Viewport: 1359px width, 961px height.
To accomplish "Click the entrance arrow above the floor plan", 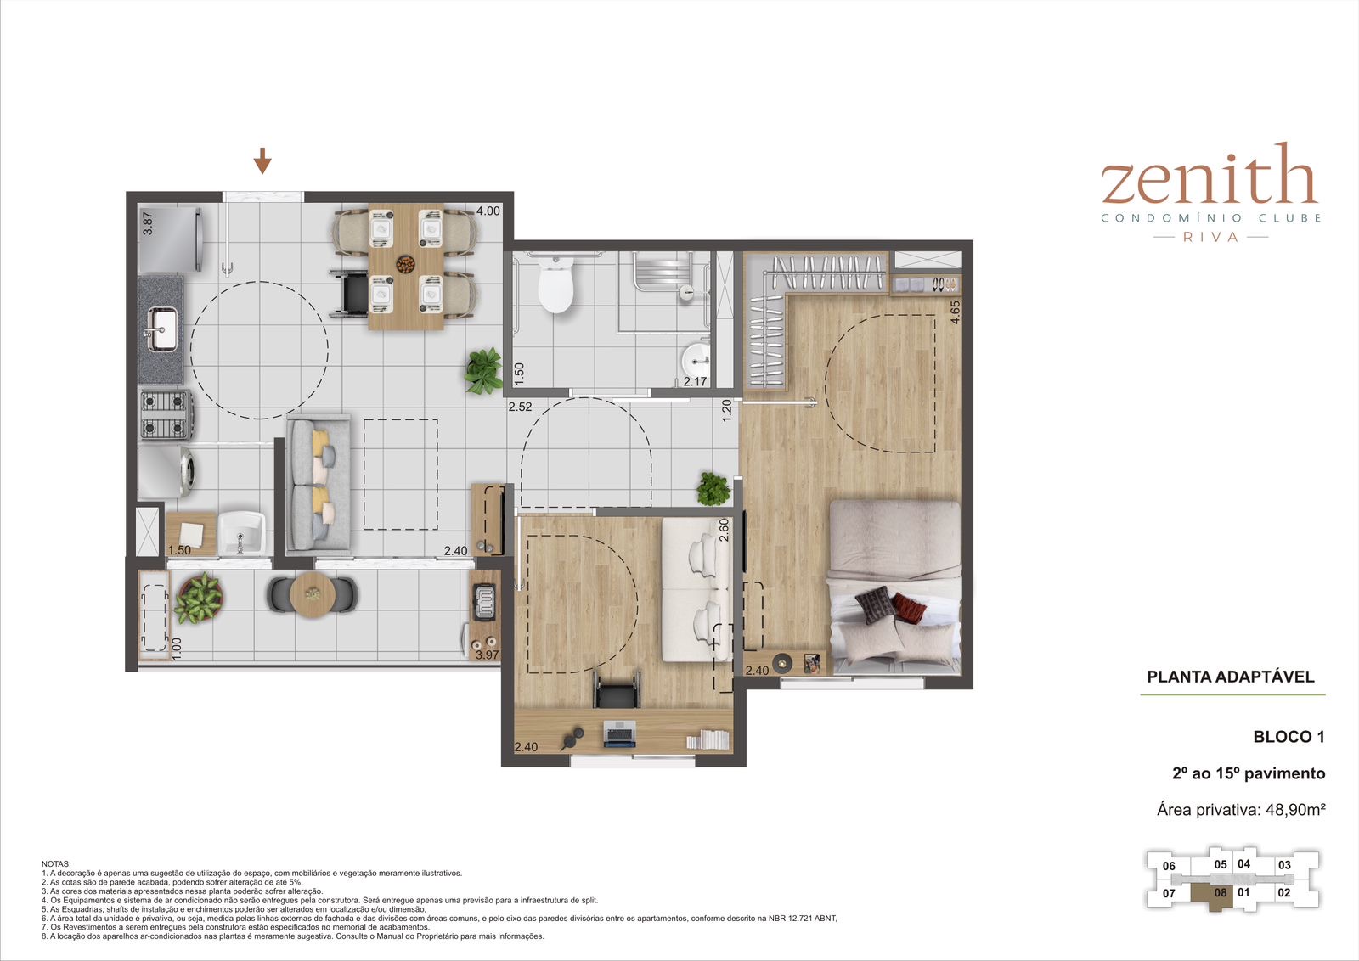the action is pos(262,160).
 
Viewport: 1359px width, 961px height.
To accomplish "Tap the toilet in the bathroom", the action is pos(555,284).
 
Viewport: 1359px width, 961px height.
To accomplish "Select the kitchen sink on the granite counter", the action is pos(162,329).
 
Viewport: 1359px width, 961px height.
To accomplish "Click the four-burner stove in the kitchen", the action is pos(165,414).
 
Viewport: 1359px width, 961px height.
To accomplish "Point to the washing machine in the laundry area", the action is pos(166,472).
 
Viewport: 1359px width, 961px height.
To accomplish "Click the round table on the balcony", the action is pos(313,594).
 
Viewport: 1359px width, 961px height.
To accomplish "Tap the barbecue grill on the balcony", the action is pos(485,601).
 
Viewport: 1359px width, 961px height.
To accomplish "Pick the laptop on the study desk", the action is pos(619,733).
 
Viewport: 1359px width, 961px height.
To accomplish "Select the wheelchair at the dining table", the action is pos(349,294).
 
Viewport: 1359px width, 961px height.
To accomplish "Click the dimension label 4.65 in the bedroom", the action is pos(955,312).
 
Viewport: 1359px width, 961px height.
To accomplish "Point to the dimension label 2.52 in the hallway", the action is pos(520,407).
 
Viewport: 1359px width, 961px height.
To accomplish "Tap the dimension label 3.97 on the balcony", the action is pos(487,655).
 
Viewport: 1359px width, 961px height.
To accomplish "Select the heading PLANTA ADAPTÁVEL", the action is pos(1231,677).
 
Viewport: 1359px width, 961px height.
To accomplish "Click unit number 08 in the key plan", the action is pos(1221,892).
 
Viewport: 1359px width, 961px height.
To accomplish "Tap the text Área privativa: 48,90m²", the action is pos(1241,809).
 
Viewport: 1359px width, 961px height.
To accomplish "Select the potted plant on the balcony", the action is pos(199,599).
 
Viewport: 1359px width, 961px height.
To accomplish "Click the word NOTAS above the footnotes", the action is pos(56,864).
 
